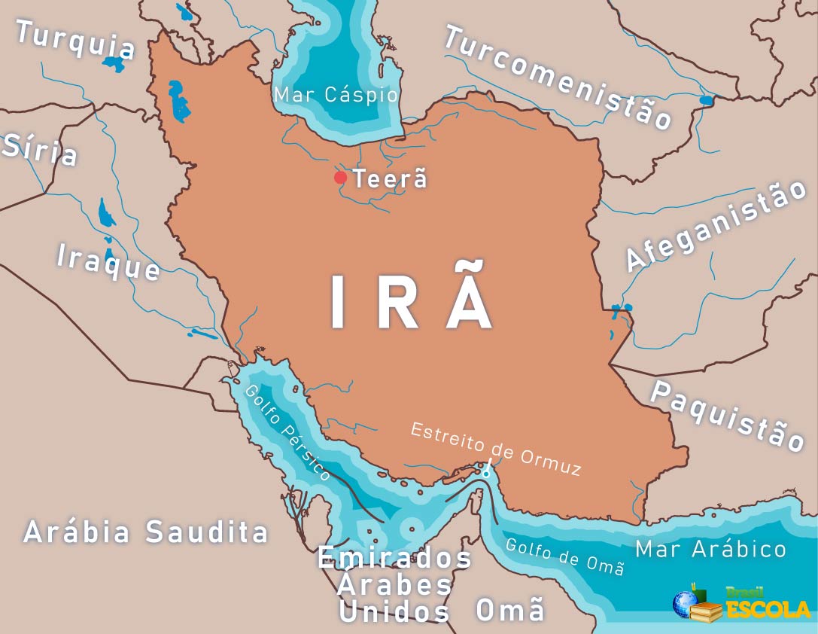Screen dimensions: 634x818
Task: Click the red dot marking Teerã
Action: [x=340, y=178]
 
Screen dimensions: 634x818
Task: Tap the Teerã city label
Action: [x=390, y=179]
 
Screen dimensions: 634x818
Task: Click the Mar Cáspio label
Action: [x=335, y=95]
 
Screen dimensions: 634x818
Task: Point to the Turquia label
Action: [x=75, y=39]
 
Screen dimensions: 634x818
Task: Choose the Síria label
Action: [x=41, y=148]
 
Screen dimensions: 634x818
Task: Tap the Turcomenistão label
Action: [x=558, y=77]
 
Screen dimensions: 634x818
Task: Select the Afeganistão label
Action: [x=715, y=225]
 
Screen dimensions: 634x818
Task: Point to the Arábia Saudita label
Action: [x=146, y=532]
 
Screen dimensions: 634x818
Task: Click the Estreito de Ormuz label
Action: [x=496, y=450]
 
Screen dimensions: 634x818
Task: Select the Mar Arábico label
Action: [x=710, y=549]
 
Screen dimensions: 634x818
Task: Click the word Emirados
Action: [x=394, y=559]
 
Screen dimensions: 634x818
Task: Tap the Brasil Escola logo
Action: [x=741, y=603]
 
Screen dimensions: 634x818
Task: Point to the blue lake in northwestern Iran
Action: [x=178, y=102]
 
